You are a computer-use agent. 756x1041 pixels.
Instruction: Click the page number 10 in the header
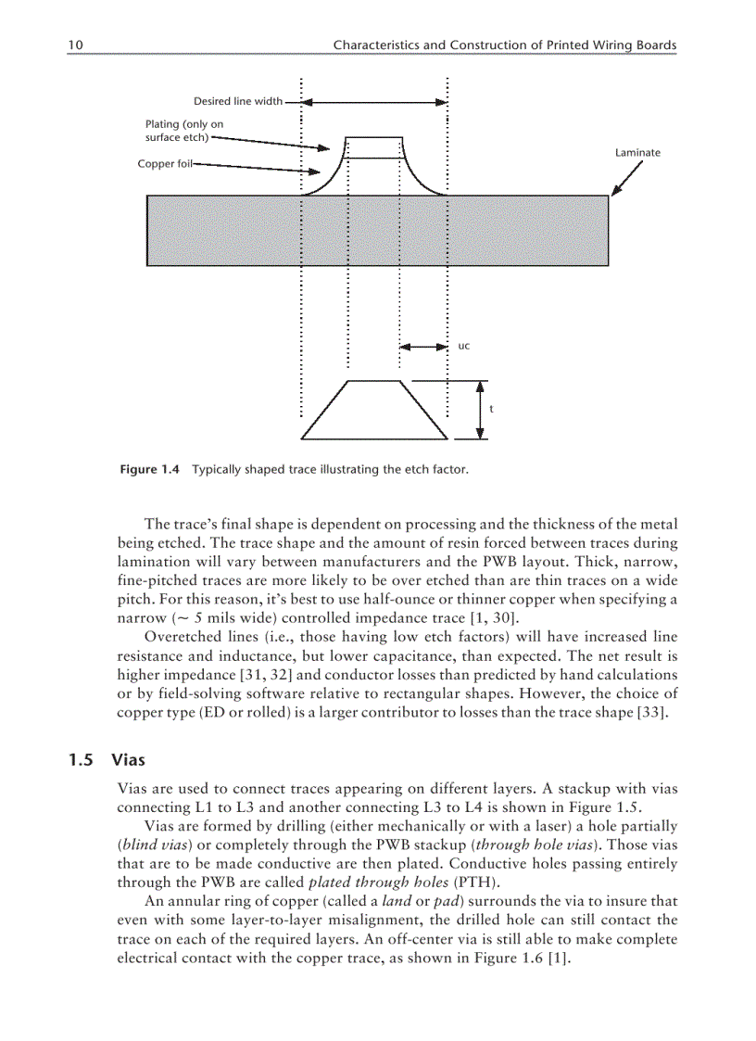tap(75, 44)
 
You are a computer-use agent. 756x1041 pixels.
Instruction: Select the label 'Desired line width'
tap(238, 101)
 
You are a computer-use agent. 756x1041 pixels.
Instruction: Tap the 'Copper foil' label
tap(164, 164)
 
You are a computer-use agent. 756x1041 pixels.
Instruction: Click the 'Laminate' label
tap(637, 152)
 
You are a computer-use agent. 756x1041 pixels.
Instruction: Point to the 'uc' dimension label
tap(464, 346)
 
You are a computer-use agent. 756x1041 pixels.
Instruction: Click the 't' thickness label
tap(491, 409)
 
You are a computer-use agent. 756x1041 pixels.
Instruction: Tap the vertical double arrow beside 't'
tap(479, 409)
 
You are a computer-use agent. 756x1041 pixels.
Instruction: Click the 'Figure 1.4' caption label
tap(150, 470)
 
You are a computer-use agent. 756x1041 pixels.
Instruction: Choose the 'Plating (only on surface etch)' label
tap(183, 131)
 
